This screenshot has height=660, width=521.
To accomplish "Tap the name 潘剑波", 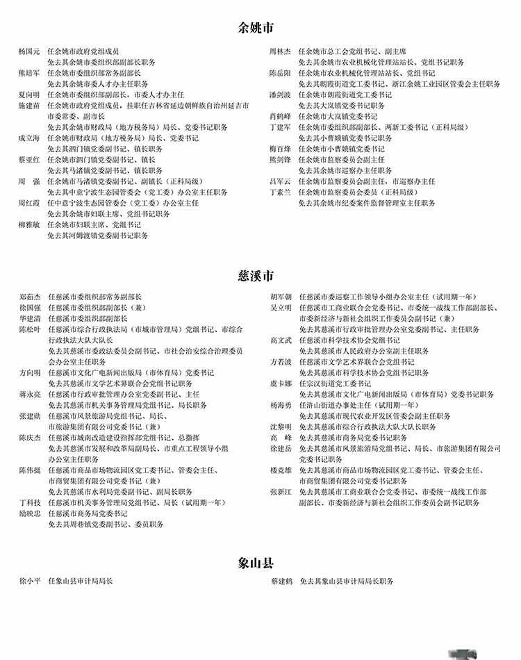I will point(281,94).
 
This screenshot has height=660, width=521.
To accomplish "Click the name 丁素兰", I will point(281,192).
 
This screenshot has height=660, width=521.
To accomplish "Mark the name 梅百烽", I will point(281,149).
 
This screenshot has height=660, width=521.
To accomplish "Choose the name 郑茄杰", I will point(31,297).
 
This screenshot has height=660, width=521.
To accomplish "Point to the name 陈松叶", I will point(31,329).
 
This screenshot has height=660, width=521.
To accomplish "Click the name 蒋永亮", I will point(31,394).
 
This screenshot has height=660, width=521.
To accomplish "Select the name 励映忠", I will point(31,513).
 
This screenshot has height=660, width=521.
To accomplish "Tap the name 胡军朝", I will point(282,297).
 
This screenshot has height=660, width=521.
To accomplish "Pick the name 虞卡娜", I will point(282,383).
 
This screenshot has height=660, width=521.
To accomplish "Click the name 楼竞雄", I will point(282,470).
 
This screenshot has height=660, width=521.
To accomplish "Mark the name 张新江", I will point(282,492).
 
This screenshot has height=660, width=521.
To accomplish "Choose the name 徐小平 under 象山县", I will point(31,581).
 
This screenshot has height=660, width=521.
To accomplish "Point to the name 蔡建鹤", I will point(282,581).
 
